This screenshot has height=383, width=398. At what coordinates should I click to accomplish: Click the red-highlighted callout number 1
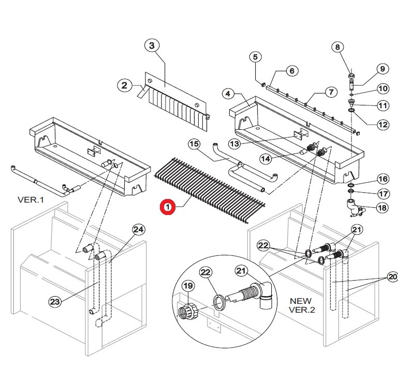[167, 207]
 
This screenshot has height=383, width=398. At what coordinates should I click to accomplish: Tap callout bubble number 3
[151, 46]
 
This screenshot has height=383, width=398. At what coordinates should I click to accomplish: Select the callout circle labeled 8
[337, 48]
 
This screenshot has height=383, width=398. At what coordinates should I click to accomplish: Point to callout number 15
[194, 144]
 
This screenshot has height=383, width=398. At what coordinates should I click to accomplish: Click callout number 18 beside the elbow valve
[382, 208]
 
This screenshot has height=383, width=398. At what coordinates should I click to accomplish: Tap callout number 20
[391, 277]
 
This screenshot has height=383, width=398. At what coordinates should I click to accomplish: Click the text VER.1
[32, 200]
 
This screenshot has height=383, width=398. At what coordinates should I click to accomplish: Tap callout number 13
[234, 143]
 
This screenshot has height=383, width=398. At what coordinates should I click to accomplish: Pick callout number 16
[382, 179]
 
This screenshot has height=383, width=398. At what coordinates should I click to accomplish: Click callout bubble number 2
[124, 85]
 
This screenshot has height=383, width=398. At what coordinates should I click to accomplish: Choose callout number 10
[382, 88]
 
